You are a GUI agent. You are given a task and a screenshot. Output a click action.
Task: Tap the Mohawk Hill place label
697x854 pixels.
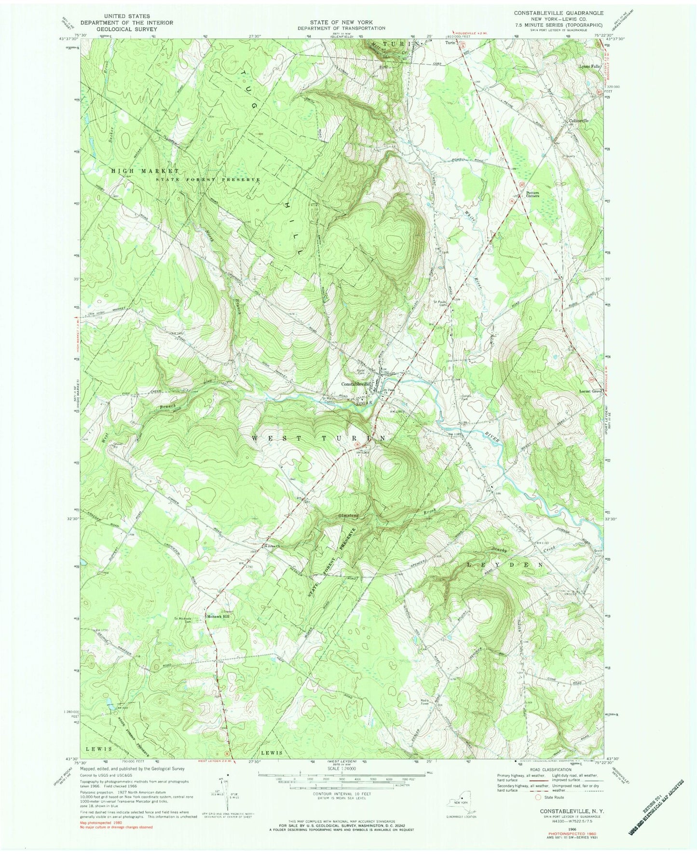coord(219,616)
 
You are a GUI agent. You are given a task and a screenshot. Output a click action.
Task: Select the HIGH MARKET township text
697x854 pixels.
coord(145,171)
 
